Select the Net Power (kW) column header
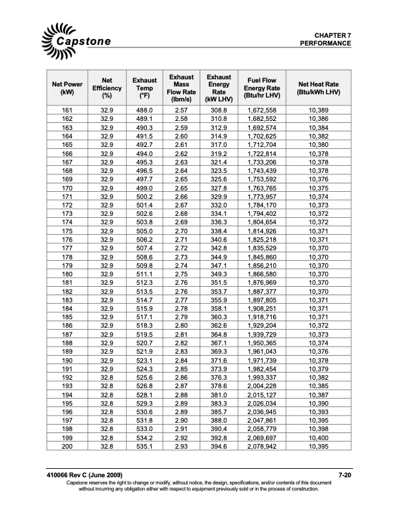tap(68, 88)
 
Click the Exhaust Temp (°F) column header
tap(144, 88)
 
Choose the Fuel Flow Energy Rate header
tap(262, 88)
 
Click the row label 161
tap(68, 112)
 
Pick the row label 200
tap(68, 447)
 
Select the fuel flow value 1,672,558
tap(262, 112)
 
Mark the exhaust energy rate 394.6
tap(219, 447)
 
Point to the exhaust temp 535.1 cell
tap(144, 447)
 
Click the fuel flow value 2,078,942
tap(262, 447)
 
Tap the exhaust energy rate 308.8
tap(219, 112)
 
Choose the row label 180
tap(68, 275)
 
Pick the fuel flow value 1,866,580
tap(262, 275)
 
